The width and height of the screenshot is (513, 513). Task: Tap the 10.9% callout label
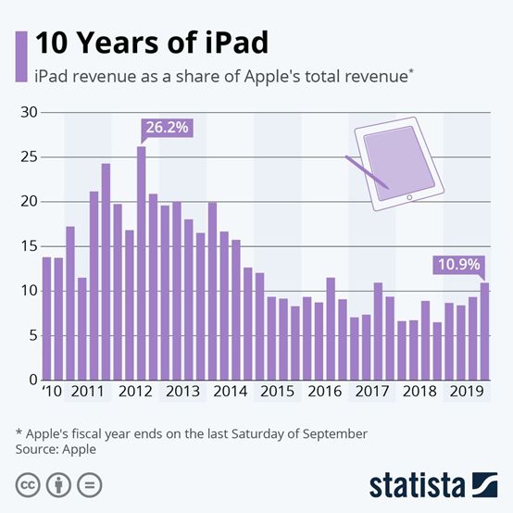(457, 265)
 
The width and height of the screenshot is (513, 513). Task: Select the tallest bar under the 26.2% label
(142, 264)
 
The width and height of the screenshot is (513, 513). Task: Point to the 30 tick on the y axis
(27, 113)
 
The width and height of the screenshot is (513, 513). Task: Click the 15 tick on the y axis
(27, 246)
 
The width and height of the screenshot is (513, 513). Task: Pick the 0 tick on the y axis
(31, 380)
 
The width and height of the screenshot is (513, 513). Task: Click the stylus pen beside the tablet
(367, 177)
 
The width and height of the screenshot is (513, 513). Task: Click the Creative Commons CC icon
(27, 484)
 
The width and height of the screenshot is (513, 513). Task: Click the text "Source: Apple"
(56, 449)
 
